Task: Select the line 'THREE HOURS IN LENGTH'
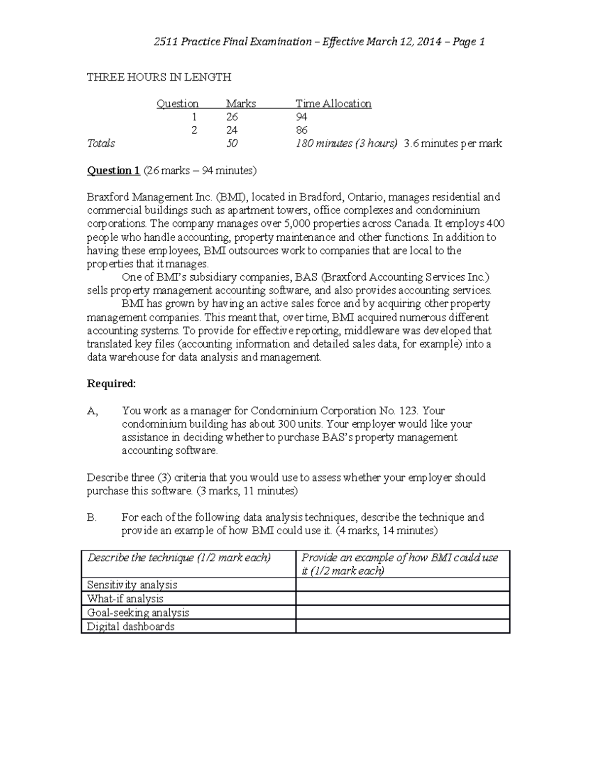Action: pyautogui.click(x=159, y=77)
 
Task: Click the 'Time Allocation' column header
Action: pyautogui.click(x=333, y=104)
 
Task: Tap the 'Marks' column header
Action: pyautogui.click(x=241, y=104)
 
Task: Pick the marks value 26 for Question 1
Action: pyautogui.click(x=232, y=117)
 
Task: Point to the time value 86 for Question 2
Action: pyautogui.click(x=301, y=130)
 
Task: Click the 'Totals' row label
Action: pyautogui.click(x=101, y=144)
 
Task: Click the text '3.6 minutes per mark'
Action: pyautogui.click(x=453, y=144)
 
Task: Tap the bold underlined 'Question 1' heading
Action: pyautogui.click(x=113, y=171)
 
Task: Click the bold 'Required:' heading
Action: pyautogui.click(x=111, y=384)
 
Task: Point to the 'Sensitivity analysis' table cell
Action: pyautogui.click(x=132, y=585)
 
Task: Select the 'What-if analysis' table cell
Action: pyautogui.click(x=125, y=599)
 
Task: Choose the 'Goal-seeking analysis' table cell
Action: pyautogui.click(x=138, y=613)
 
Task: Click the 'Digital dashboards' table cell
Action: pyautogui.click(x=131, y=626)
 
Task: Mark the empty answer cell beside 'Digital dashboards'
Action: pyautogui.click(x=402, y=626)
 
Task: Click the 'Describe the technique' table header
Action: pyautogui.click(x=179, y=558)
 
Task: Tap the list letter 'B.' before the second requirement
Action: pyautogui.click(x=92, y=517)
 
